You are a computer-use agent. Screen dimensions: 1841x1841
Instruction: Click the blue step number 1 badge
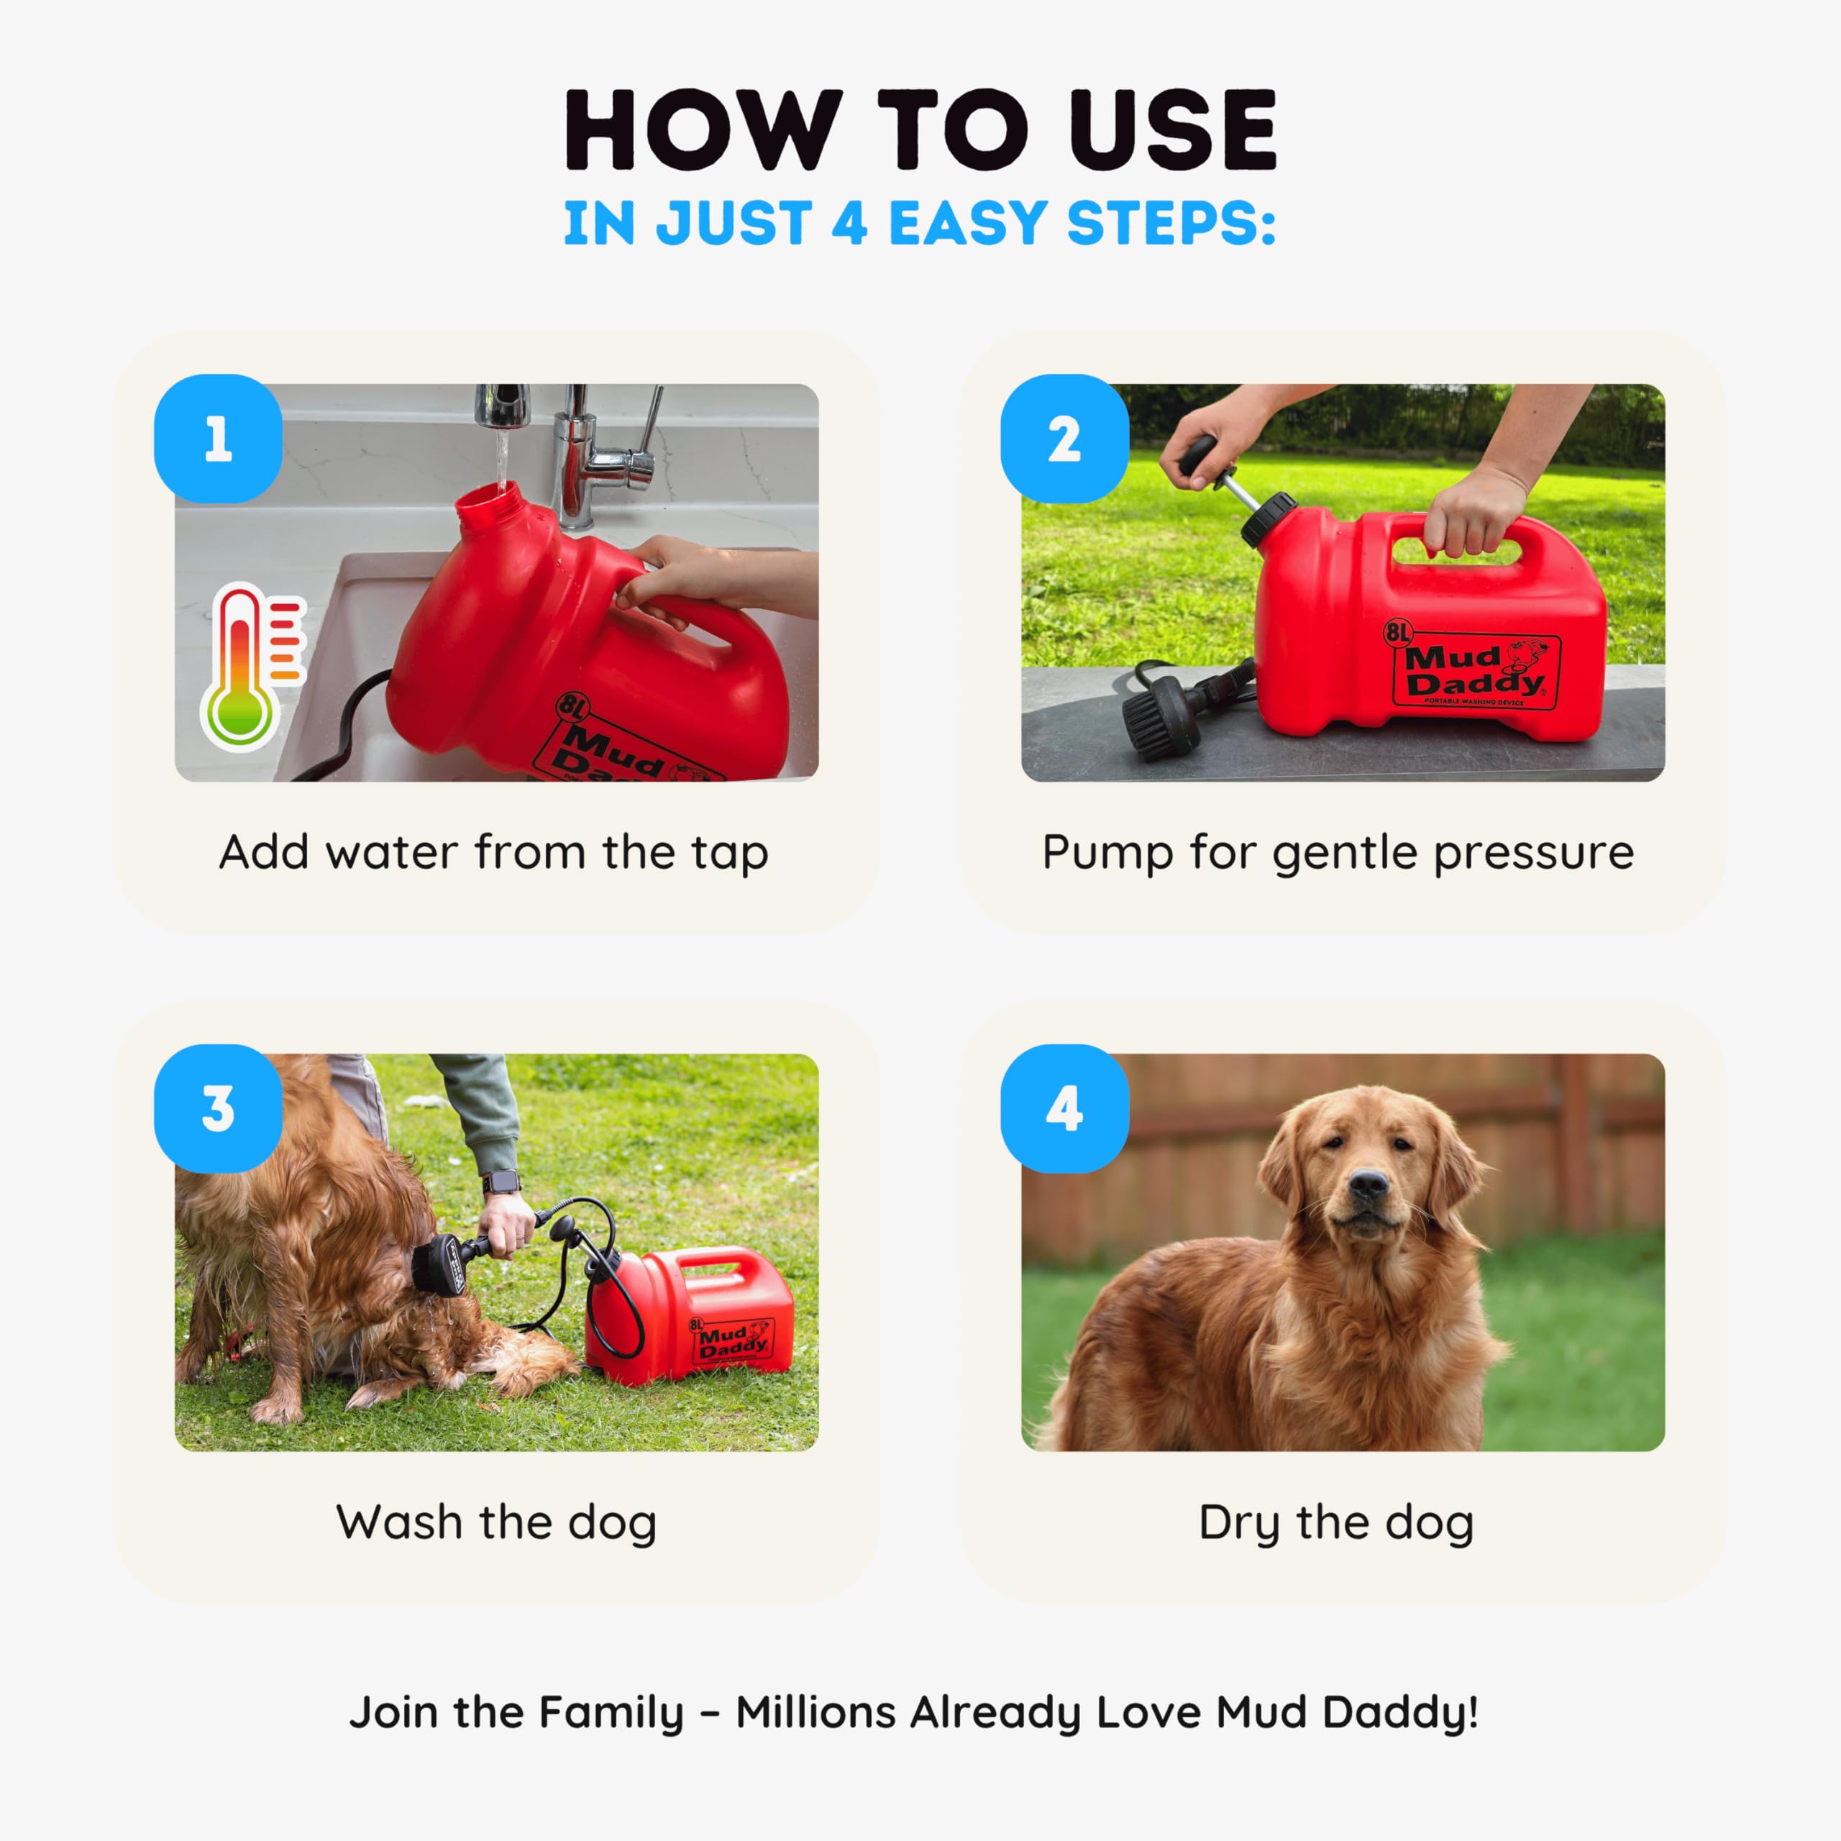click(218, 439)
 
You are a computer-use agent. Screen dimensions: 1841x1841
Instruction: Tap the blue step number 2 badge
click(1064, 439)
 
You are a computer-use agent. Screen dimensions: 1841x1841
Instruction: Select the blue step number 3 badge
click(218, 1108)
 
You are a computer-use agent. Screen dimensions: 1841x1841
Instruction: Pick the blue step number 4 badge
click(1064, 1108)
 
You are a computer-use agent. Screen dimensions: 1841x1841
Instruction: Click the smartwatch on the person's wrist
click(501, 1182)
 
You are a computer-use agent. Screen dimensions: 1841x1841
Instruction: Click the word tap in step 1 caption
click(731, 854)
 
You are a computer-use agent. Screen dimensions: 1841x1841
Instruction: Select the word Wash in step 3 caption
click(398, 1522)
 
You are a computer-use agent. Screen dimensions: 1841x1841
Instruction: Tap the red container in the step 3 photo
click(688, 1315)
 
